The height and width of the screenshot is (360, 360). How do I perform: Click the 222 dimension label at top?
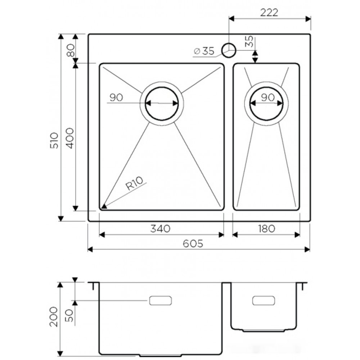point(269,12)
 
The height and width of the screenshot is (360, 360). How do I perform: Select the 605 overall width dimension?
point(193,243)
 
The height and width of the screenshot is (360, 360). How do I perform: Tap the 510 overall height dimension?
point(55,140)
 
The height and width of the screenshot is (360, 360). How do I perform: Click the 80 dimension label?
point(71,50)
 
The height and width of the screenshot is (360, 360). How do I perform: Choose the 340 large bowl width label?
point(160,229)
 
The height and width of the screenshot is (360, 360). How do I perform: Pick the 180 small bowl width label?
point(266,229)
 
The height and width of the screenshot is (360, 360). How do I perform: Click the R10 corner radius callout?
point(134,183)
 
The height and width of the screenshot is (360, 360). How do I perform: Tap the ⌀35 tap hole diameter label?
point(204,51)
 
